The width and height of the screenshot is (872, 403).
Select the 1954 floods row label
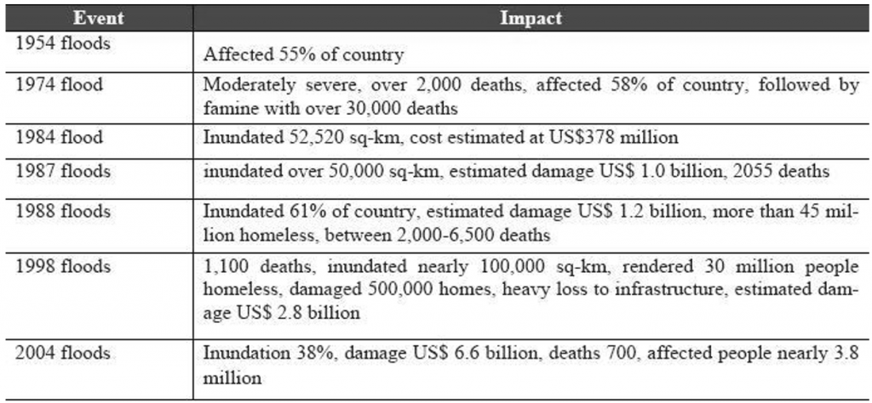(62, 43)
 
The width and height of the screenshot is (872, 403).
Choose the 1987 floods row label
(62, 170)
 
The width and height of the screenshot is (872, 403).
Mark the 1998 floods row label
(62, 266)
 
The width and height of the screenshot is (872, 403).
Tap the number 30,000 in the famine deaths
(360, 108)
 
